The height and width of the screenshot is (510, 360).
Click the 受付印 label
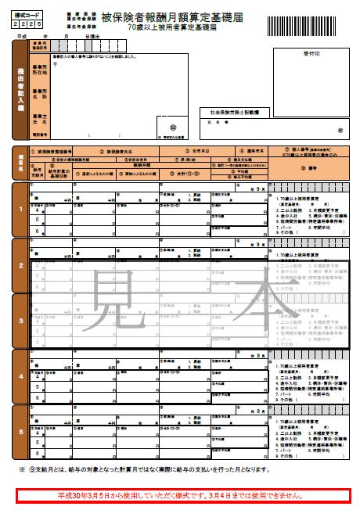(304, 56)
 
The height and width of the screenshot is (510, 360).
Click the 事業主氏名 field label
(39, 117)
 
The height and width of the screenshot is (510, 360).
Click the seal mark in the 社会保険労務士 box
(340, 131)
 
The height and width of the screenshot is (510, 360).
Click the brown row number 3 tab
(20, 321)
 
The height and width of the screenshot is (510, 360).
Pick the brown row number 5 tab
(20, 433)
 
